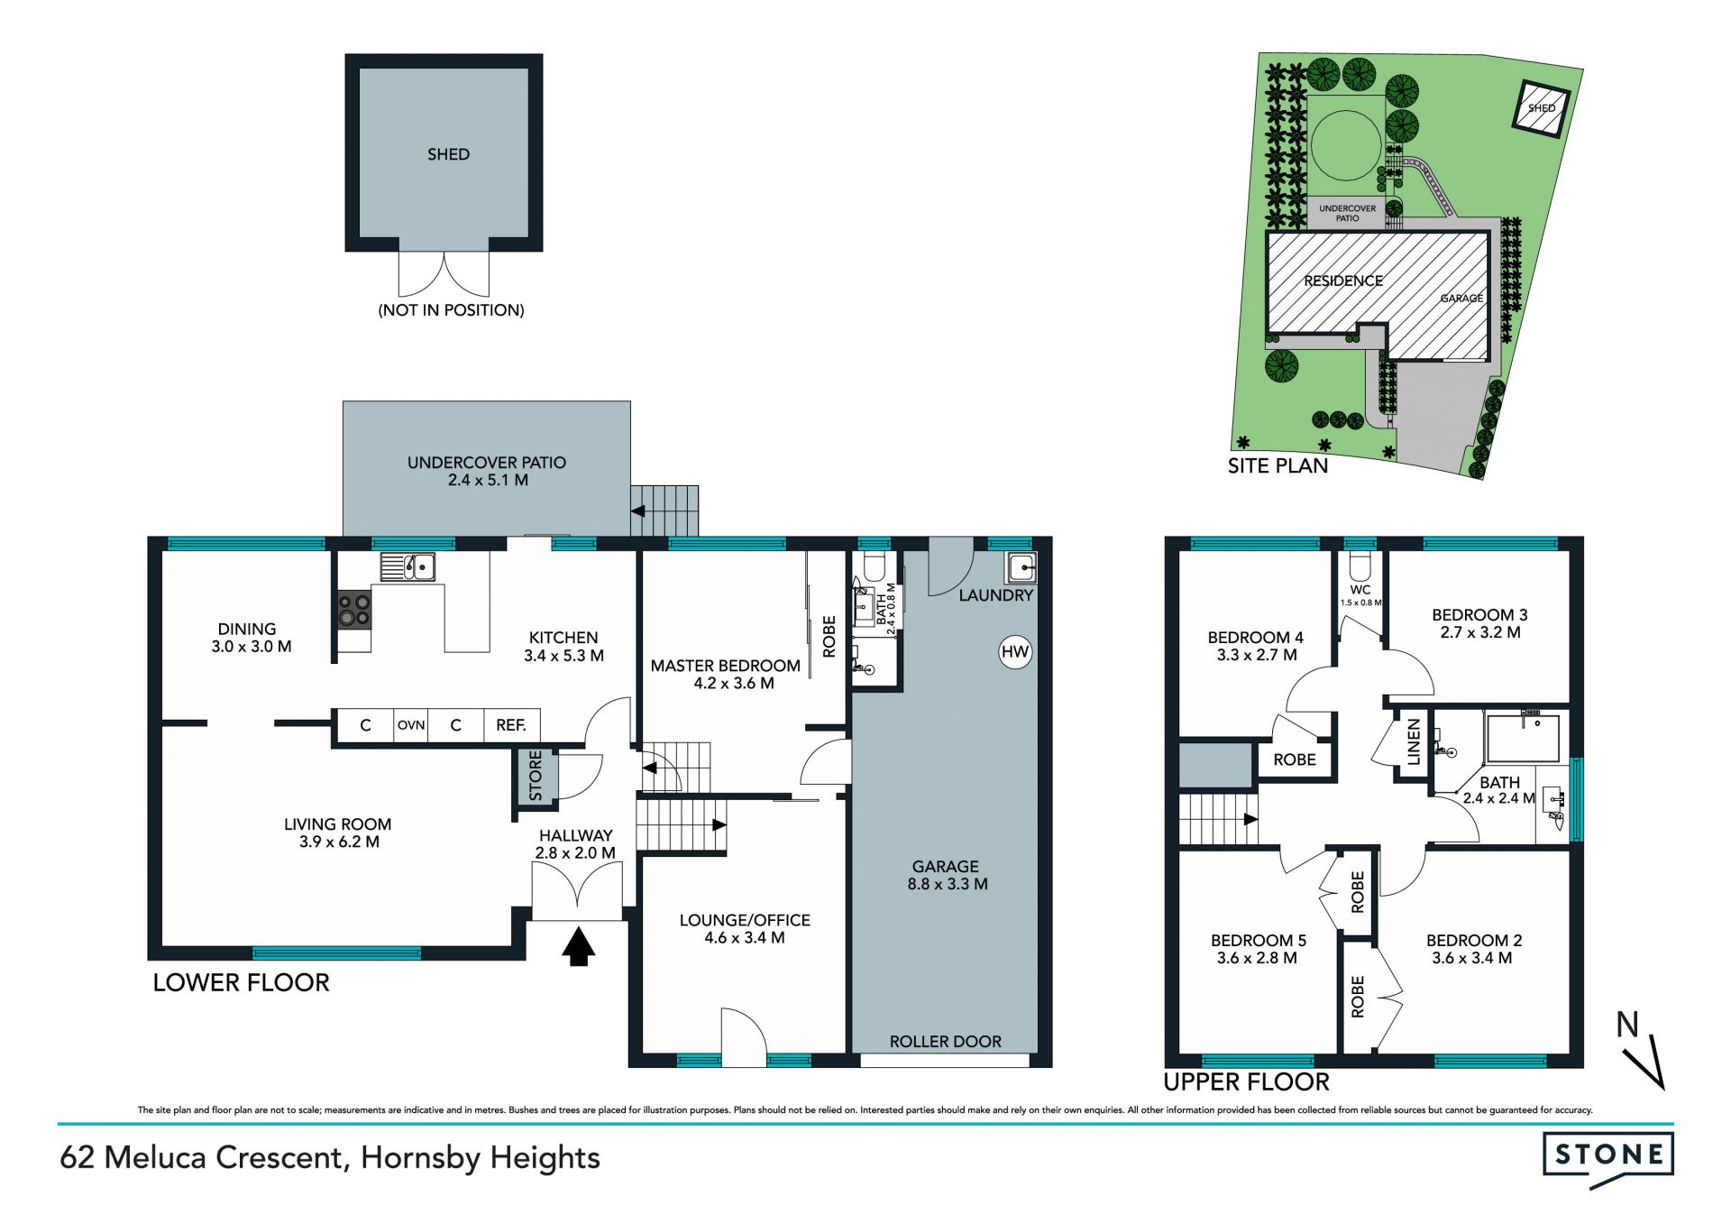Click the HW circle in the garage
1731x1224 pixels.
coord(1015,652)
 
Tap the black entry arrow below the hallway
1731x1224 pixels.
coord(579,948)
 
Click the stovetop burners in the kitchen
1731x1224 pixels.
coord(354,610)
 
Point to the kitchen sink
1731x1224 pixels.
coord(408,566)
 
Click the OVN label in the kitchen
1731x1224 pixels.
coord(411,725)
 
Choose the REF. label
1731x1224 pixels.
coord(511,725)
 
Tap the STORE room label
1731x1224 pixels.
coord(536,775)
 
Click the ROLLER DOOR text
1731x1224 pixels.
coord(945,1042)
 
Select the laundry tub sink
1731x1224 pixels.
coord(1022,567)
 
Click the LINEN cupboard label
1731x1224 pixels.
coord(1414,742)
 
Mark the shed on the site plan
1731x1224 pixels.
coord(1541,108)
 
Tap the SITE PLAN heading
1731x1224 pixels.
coord(1278,466)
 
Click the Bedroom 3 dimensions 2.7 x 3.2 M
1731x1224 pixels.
coord(1479,632)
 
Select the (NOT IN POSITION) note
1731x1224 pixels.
coord(451,310)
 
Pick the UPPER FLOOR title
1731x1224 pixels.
coord(1246,1081)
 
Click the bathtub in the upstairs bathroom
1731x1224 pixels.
coord(1523,739)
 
